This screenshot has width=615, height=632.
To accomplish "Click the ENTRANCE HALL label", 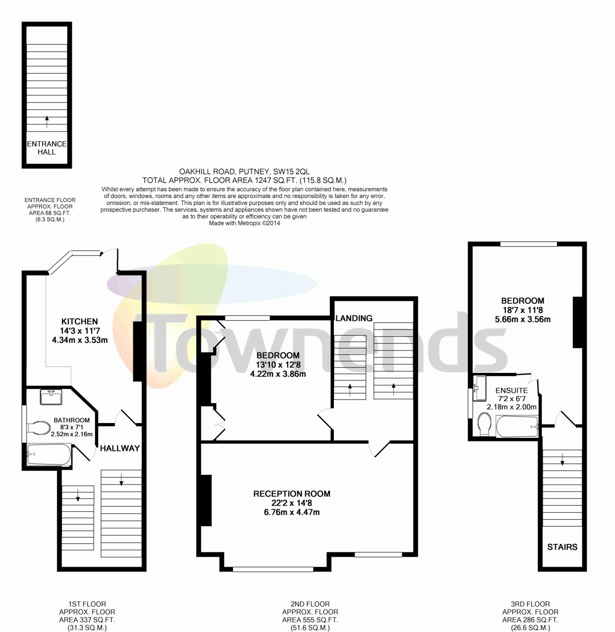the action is pyautogui.click(x=47, y=148).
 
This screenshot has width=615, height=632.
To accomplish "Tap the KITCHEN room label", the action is pyautogui.click(x=80, y=321).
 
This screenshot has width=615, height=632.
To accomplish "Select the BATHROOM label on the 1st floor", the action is pyautogui.click(x=72, y=420).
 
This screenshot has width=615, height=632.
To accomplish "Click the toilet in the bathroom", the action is pyautogui.click(x=39, y=428).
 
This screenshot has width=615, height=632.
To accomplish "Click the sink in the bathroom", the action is pyautogui.click(x=51, y=397).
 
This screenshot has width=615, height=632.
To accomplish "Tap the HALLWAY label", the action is pyautogui.click(x=120, y=448).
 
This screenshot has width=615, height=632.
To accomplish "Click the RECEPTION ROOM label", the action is pyautogui.click(x=292, y=494).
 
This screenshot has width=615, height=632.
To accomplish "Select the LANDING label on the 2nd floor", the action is pyautogui.click(x=354, y=318).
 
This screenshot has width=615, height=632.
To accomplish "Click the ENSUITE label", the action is pyautogui.click(x=511, y=391).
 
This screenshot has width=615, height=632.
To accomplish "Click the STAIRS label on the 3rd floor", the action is pyautogui.click(x=562, y=547).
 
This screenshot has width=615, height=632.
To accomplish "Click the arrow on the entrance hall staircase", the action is pyautogui.click(x=47, y=121).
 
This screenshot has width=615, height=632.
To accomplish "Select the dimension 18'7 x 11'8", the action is pyautogui.click(x=523, y=310).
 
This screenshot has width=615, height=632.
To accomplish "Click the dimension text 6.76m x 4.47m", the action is pyautogui.click(x=292, y=512).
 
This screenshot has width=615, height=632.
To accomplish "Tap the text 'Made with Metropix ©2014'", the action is pyautogui.click(x=245, y=223).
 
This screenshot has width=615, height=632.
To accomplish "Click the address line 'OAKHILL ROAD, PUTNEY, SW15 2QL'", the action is pyautogui.click(x=245, y=171).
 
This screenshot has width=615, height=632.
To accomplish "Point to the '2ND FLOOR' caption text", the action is pyautogui.click(x=310, y=604).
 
